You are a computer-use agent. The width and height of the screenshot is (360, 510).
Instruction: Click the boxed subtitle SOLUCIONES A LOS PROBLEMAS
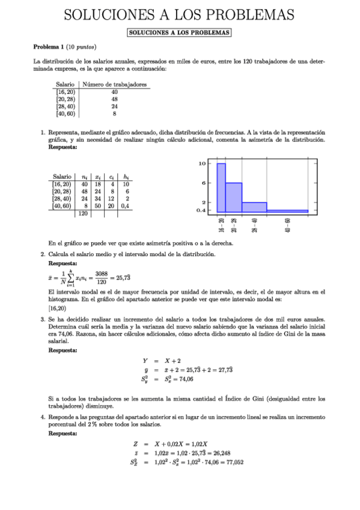pyautogui.click(x=180, y=32)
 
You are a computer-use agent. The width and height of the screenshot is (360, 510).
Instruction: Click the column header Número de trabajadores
pyautogui.click(x=114, y=85)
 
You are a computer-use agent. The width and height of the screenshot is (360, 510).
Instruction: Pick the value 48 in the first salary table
pyautogui.click(x=114, y=99)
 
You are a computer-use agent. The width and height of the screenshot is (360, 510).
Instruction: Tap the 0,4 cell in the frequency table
pyautogui.click(x=126, y=206)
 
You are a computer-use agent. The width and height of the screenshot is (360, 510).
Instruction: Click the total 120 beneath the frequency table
pyautogui.click(x=83, y=214)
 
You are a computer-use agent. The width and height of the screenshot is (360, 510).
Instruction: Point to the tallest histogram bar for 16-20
pyautogui.click(x=221, y=188)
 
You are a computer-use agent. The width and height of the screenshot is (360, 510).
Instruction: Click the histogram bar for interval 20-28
pyautogui.click(x=234, y=197)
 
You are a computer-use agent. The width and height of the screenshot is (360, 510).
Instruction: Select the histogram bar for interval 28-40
pyautogui.click(x=254, y=207)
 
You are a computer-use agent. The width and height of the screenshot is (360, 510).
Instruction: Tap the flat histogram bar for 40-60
pyautogui.click(x=287, y=211)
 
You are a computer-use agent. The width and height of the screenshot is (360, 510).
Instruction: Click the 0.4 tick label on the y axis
pyautogui.click(x=201, y=211)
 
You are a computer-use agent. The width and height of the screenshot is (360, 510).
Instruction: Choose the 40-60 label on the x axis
pyautogui.click(x=288, y=226)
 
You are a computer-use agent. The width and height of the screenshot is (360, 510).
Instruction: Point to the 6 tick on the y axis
pyautogui.click(x=204, y=183)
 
